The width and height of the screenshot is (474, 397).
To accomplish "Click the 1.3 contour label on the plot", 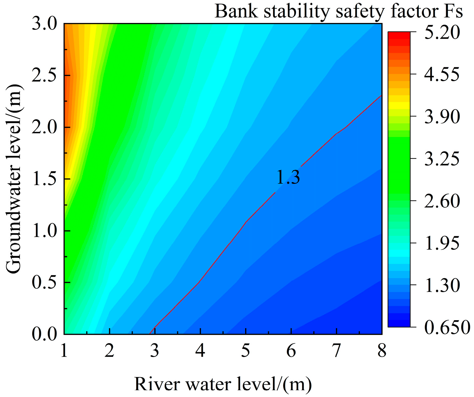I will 288,178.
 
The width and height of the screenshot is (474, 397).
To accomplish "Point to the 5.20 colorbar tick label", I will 442,32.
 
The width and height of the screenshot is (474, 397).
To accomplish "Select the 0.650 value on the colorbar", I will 447,327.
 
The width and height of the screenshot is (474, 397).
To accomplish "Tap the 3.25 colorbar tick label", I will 442,159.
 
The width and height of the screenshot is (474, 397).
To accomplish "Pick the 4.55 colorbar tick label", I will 442,74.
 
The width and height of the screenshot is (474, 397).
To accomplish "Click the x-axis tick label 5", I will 246,351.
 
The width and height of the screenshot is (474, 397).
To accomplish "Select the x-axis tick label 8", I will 382,351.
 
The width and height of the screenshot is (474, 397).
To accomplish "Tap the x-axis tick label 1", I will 64,351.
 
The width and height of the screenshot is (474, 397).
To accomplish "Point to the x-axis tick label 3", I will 155,351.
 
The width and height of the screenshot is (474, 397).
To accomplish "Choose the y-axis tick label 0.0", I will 45,334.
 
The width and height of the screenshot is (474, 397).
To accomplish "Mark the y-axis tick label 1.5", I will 45,179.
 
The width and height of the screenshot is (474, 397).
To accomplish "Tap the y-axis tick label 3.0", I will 45,24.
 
